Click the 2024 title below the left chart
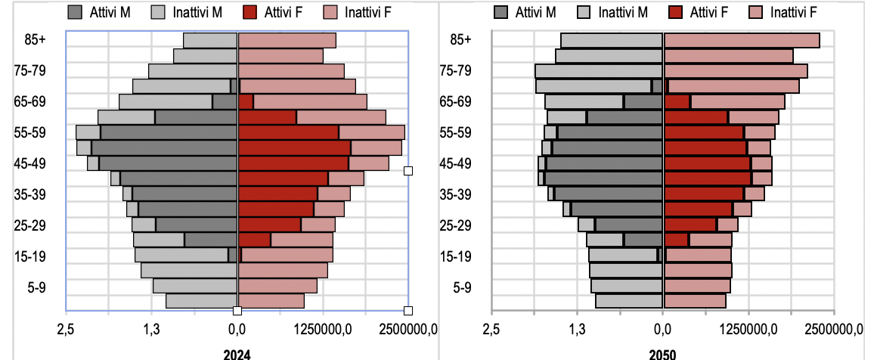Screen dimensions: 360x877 pos(237,354)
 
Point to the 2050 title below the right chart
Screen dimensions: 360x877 pos(662,354)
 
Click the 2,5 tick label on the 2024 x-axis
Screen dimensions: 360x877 pos(66,329)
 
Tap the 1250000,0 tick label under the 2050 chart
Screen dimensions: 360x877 pos(748,329)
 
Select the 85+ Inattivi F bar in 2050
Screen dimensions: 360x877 pos(742,40)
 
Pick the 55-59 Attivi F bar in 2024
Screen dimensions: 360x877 pos(288,132)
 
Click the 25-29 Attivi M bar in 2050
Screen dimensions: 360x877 pos(629,225)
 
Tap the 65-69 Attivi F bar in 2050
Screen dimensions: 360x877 pos(677,101)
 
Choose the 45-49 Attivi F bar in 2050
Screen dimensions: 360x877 pos(707,163)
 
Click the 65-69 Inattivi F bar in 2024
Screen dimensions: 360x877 pos(310,101)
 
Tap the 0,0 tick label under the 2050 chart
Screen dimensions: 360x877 pos(663,329)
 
